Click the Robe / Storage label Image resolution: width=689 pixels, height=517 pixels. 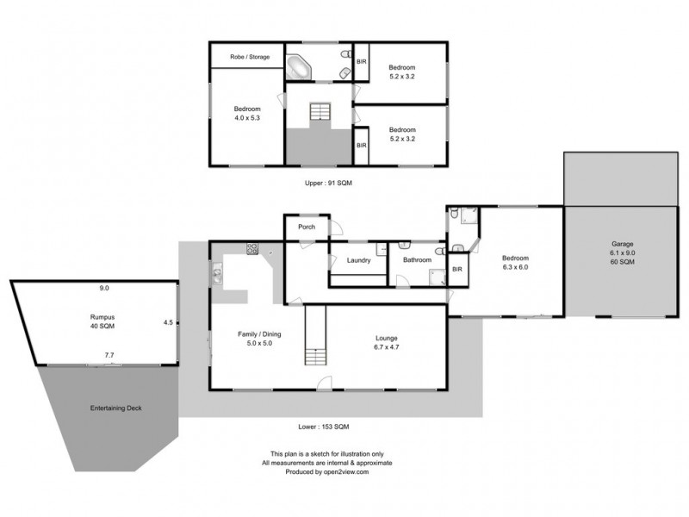click(x=249, y=57)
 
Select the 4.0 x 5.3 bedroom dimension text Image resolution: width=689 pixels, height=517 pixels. click(x=247, y=118)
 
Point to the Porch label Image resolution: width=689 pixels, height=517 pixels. click(x=306, y=227)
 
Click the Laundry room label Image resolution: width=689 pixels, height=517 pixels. click(x=358, y=259)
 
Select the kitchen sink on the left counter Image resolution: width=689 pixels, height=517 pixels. click(x=216, y=276)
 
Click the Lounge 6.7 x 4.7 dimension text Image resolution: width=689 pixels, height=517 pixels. click(x=386, y=346)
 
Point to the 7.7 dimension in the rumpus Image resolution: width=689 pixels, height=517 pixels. click(x=109, y=355)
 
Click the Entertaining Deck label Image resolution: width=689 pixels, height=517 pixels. click(x=115, y=408)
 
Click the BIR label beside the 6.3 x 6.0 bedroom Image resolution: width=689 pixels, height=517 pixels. click(x=457, y=270)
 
